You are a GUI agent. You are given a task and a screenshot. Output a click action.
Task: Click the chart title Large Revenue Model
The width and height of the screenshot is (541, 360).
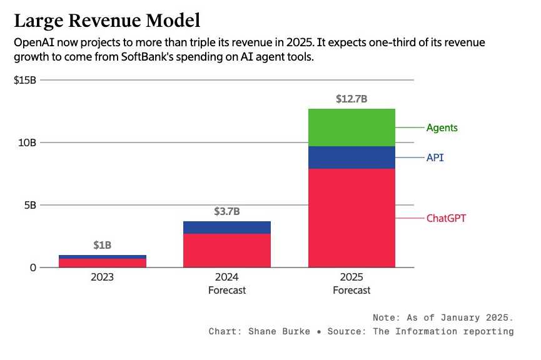click(x=107, y=21)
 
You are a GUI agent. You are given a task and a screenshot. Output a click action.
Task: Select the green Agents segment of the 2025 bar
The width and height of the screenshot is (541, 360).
click(x=351, y=127)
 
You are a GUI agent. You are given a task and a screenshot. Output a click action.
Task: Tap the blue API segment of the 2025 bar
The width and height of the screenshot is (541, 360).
click(x=351, y=157)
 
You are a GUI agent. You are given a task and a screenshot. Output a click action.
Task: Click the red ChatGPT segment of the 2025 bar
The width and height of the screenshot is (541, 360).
click(x=351, y=218)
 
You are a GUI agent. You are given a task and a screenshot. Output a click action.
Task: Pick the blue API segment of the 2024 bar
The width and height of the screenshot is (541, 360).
click(x=226, y=227)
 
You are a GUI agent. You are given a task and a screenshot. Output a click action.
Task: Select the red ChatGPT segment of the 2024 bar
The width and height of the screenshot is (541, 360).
click(x=226, y=251)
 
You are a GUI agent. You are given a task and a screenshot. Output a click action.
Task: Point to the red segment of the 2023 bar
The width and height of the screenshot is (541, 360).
click(x=102, y=263)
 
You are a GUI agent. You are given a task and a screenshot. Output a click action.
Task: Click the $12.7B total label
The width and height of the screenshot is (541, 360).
click(x=351, y=99)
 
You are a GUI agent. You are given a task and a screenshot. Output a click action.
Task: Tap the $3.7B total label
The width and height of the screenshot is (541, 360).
click(x=226, y=211)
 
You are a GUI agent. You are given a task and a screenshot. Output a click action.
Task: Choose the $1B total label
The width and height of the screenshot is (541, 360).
click(x=102, y=245)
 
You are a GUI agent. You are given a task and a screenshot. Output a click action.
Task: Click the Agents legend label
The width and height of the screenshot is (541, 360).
click(x=442, y=127)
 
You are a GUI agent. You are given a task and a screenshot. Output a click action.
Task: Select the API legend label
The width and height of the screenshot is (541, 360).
click(x=435, y=158)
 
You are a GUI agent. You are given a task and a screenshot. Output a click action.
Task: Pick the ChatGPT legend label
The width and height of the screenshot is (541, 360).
click(x=446, y=218)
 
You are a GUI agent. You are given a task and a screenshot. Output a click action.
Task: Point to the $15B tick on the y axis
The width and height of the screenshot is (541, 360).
click(x=26, y=80)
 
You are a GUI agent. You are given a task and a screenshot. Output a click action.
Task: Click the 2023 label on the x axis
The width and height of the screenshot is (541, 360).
click(x=102, y=277)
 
